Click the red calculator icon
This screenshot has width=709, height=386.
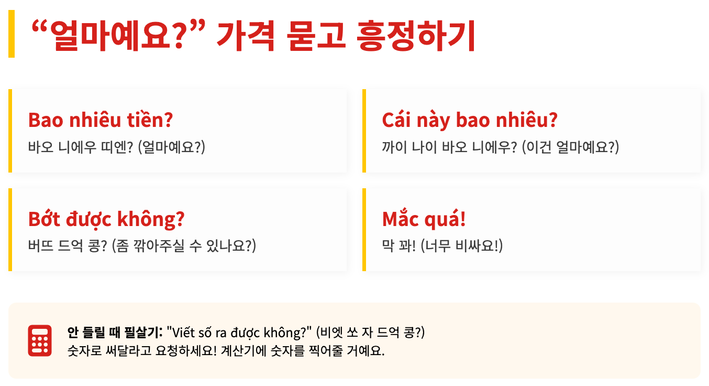[x=40, y=340]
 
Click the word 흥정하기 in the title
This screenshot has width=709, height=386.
[x=416, y=35]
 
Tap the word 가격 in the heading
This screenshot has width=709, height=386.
[x=246, y=35]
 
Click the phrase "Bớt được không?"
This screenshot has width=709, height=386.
[x=106, y=219]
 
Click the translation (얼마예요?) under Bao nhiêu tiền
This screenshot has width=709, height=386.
[x=172, y=147]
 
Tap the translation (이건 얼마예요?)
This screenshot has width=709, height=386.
[x=570, y=147]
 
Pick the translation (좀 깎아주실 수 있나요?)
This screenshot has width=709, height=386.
[x=184, y=246]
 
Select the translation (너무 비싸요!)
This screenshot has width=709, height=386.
[x=461, y=246]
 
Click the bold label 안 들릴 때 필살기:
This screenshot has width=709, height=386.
[x=115, y=332]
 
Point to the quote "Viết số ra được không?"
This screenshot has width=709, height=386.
[x=239, y=332]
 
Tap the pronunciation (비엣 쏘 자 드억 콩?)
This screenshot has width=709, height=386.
[x=370, y=332]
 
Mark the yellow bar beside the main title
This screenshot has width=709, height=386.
[x=12, y=34]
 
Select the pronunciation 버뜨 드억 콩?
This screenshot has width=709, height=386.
[x=68, y=246]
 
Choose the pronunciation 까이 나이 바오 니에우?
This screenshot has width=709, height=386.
[x=449, y=147]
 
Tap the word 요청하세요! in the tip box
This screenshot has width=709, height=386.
[x=186, y=350]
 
